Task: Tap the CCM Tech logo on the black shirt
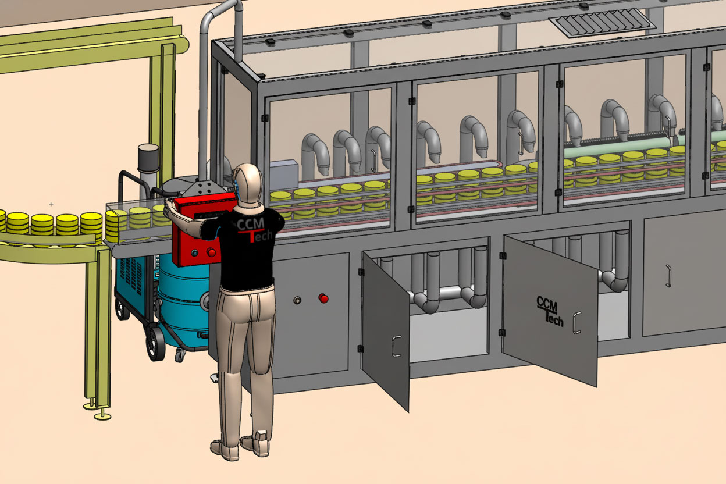[254, 230]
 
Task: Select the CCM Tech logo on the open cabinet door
[549, 311]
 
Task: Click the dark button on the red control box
[195, 253]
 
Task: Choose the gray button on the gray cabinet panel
[297, 300]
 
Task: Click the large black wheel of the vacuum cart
[155, 343]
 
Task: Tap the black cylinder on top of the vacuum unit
[148, 158]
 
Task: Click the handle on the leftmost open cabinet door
[396, 346]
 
